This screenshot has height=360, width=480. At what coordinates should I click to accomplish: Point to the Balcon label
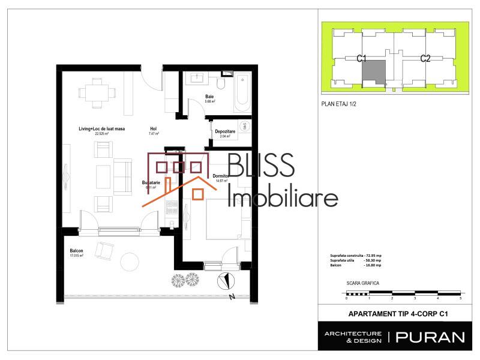click(x=76, y=251)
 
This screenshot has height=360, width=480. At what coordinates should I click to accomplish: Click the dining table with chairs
click(x=96, y=93)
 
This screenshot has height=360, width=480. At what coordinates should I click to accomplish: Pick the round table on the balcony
click(x=130, y=262)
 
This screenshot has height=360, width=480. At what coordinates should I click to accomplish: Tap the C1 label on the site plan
click(x=361, y=58)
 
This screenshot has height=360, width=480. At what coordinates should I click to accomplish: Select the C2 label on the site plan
click(x=425, y=58)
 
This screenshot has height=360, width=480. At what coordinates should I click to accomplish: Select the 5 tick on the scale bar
click(x=460, y=298)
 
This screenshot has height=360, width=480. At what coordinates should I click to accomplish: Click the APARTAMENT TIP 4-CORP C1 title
click(x=399, y=313)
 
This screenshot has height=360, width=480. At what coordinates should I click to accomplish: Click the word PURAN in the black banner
click(x=430, y=337)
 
